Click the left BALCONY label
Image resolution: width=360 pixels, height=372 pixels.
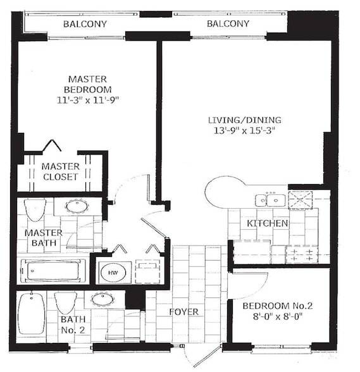point(85,24)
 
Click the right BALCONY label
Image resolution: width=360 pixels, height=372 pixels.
point(228,24)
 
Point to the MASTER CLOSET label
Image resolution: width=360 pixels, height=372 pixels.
point(60,171)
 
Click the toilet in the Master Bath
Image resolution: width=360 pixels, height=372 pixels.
point(35,208)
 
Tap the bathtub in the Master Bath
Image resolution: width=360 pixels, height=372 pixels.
point(53,271)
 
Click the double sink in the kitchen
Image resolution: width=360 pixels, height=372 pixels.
point(270,200)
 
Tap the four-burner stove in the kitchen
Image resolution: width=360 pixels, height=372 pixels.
point(301,254)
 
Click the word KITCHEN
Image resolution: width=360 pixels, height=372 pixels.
point(268,223)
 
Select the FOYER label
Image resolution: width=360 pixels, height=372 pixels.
point(183,312)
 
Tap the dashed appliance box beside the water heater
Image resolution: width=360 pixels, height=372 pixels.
point(147,271)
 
